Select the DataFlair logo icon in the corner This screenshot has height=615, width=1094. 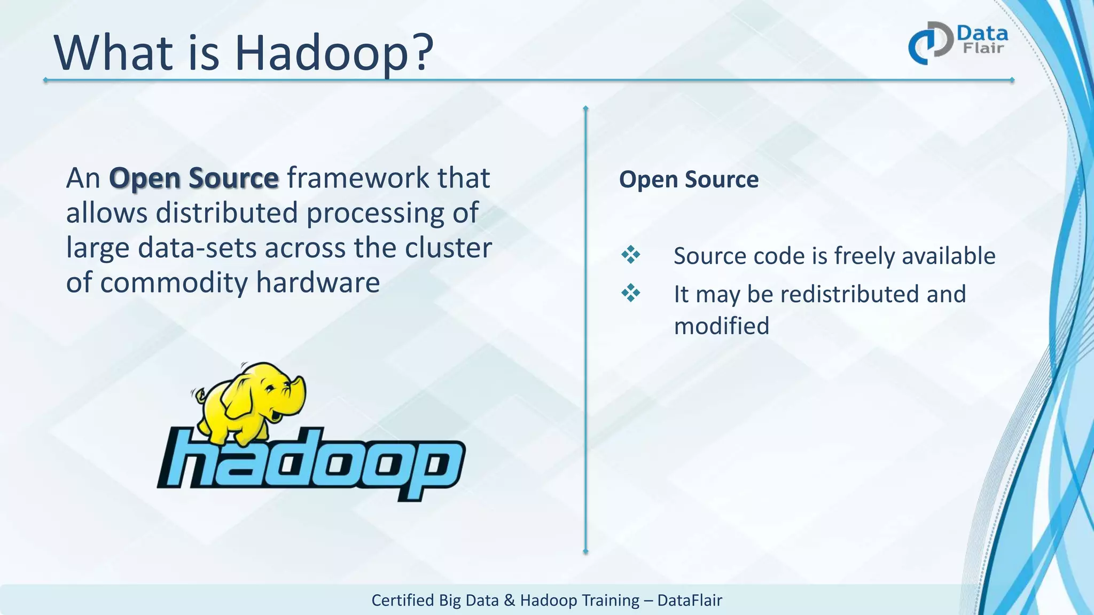(930, 43)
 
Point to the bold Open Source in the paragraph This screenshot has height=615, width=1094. (193, 178)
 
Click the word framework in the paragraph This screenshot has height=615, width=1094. (358, 178)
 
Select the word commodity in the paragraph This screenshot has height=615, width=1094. (174, 282)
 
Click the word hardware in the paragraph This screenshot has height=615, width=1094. (318, 282)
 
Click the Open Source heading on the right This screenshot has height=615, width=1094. (689, 179)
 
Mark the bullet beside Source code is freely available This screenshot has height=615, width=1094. (630, 255)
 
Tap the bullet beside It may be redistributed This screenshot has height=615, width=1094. (630, 293)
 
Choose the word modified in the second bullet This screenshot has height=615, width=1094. (722, 326)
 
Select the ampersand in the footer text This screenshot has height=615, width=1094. (509, 600)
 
